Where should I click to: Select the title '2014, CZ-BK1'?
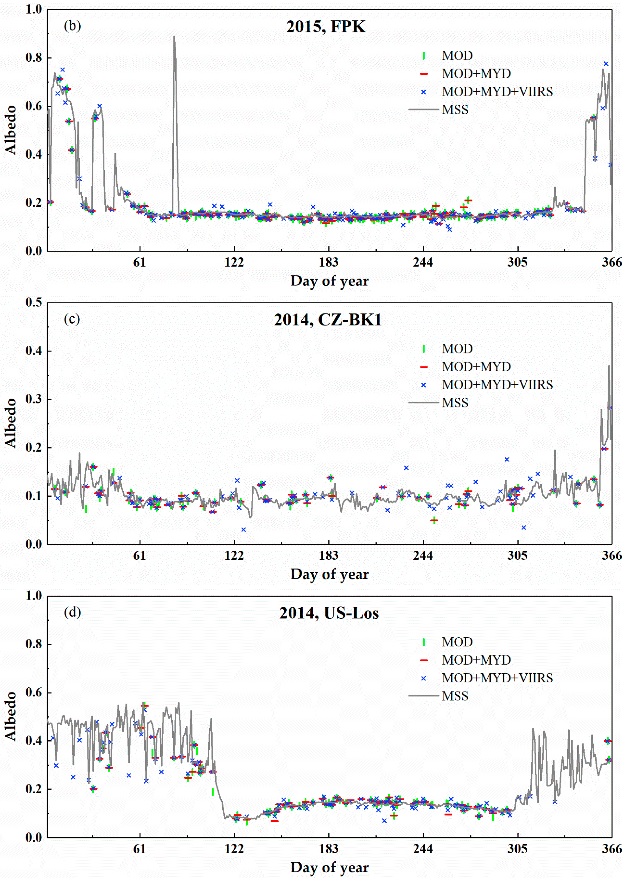[328, 320]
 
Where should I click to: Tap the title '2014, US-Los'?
[329, 613]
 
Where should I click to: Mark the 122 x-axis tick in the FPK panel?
[234, 262]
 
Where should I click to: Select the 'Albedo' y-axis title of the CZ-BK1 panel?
[11, 423]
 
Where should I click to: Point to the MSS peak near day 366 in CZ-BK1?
[609, 366]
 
